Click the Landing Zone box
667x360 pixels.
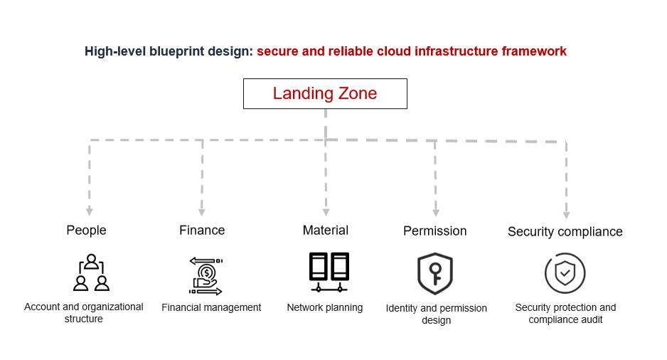pos(325,93)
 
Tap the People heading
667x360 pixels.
pos(86,230)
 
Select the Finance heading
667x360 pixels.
pos(202,230)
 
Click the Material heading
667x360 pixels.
pos(325,230)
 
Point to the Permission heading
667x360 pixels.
pos(434,231)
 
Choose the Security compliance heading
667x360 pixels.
pos(565,231)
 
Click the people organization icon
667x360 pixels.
pos(91,272)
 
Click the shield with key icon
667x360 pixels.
pos(434,274)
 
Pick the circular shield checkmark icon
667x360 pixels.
pos(565,273)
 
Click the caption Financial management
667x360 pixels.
pos(211,307)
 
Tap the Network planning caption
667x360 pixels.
pos(325,307)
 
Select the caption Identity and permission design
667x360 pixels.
pos(436,314)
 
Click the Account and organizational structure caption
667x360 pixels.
pos(84,313)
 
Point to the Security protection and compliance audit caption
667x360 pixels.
pos(565,313)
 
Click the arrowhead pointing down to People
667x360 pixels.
pos(90,211)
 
